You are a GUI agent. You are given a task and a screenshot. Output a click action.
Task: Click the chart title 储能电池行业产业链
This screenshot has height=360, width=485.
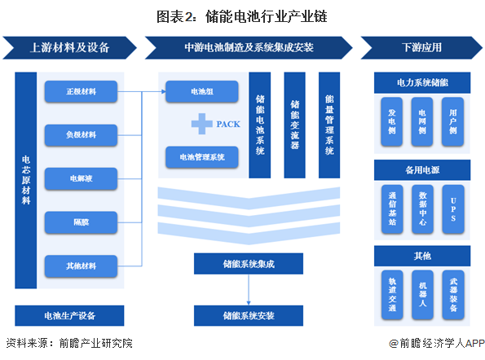[243, 15]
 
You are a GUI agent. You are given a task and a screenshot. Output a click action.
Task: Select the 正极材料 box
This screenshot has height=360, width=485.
[82, 91]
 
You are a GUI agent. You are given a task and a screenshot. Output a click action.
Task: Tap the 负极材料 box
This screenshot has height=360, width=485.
[82, 134]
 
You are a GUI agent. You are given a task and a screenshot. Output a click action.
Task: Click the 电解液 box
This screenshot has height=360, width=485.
[82, 178]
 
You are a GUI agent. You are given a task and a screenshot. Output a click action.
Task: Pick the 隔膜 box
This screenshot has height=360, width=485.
[82, 221]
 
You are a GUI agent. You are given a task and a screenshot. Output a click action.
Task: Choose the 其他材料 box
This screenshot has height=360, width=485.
[82, 265]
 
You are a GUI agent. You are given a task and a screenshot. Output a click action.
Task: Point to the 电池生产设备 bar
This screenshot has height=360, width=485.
[69, 315]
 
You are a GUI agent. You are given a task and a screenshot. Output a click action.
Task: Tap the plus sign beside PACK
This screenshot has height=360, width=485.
[201, 124]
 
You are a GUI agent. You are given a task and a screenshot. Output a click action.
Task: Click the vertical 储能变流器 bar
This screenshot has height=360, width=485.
[294, 125]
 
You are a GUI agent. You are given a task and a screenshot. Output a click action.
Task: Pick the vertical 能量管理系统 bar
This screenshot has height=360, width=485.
[329, 125]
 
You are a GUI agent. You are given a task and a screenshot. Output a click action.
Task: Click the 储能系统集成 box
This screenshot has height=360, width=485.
[248, 264]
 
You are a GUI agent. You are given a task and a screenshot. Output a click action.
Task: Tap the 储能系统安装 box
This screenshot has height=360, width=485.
[248, 315]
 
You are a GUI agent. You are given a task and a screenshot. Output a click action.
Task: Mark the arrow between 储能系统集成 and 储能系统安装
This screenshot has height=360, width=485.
[248, 289]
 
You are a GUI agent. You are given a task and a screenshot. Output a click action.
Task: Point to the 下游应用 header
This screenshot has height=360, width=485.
[417, 46]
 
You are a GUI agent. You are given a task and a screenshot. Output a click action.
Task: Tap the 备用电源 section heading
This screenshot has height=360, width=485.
[422, 171]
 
